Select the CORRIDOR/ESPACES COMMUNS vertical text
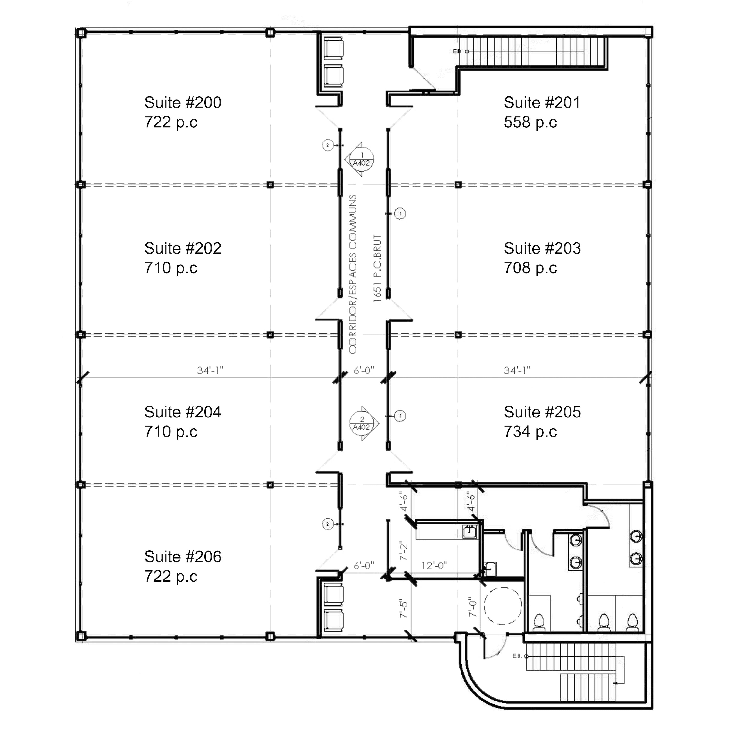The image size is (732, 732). pyautogui.click(x=353, y=274)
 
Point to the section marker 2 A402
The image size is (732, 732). pyautogui.click(x=363, y=423)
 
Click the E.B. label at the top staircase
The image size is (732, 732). pyautogui.click(x=457, y=51)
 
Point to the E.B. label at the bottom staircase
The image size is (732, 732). pyautogui.click(x=517, y=656)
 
